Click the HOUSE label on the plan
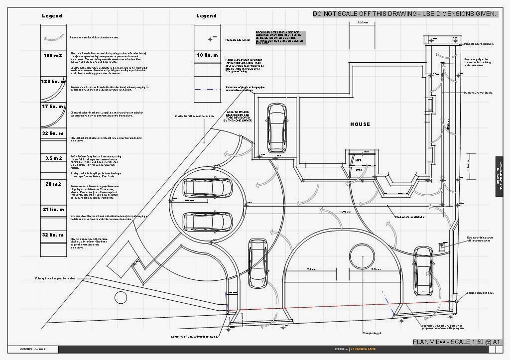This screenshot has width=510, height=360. (360, 124)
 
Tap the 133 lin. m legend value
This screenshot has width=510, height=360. (52, 81)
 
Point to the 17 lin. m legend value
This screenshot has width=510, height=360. (52, 108)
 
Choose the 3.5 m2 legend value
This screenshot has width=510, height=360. (52, 158)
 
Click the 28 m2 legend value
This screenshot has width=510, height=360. (52, 184)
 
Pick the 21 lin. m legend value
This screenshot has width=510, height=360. (52, 210)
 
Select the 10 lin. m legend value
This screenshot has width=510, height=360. (206, 55)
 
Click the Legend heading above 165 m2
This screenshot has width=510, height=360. (52, 16)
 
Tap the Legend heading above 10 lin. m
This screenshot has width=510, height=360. (206, 16)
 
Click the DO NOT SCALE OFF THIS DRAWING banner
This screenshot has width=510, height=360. (404, 14)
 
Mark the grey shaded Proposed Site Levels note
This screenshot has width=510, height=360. (280, 38)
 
